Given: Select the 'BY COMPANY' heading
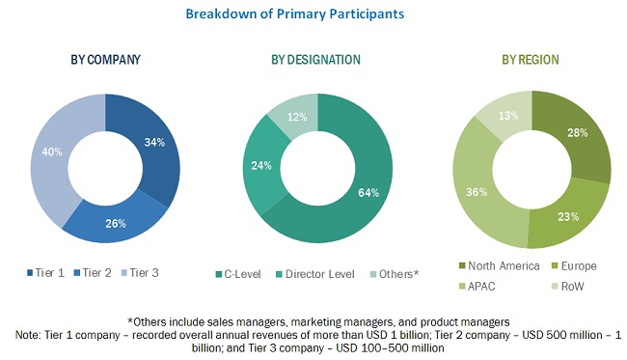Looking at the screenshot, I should (105, 60).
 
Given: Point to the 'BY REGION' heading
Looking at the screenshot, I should (530, 60).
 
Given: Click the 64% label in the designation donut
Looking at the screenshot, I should (368, 191).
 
